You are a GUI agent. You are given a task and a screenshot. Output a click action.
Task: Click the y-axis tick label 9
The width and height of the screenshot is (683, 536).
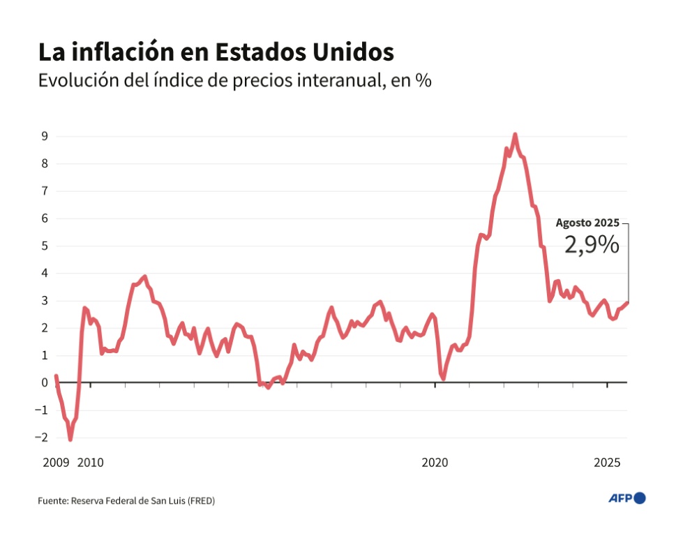(43, 136)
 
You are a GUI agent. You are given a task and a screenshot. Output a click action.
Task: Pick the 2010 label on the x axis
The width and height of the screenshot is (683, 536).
(90, 463)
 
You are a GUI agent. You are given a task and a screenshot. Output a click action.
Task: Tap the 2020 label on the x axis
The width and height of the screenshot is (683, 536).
(435, 463)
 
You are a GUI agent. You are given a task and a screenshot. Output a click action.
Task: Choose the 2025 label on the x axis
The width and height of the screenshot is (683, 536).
(608, 463)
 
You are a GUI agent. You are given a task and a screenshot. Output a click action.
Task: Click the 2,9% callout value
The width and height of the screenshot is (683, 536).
(591, 245)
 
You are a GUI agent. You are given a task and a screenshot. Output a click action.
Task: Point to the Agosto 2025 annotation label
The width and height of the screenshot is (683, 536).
(587, 223)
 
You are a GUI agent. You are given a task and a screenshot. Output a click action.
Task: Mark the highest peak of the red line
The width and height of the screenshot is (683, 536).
(515, 134)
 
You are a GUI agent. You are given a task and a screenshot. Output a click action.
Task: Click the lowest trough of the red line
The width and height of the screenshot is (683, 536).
(70, 439)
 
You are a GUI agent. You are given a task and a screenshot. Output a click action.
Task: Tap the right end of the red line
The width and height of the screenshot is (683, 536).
(627, 302)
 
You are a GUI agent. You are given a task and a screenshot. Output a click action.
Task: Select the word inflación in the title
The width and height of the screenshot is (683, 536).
(124, 52)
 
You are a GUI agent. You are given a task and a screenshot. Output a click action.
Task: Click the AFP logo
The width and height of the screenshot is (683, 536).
(627, 498)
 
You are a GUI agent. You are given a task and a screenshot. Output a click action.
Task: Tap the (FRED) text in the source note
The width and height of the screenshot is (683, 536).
(202, 500)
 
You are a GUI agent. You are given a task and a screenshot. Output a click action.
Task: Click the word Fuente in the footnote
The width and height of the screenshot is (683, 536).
(52, 500)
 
